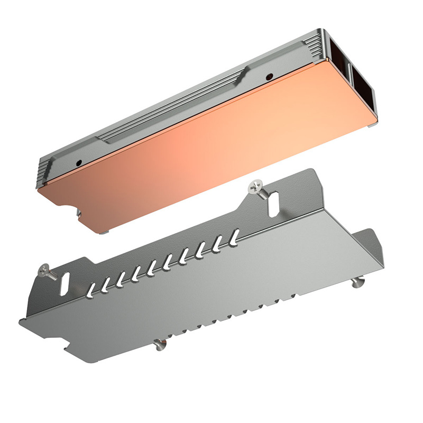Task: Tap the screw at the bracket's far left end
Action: click(44, 271)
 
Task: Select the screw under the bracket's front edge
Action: click(159, 345)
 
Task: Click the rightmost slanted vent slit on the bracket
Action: click(234, 234)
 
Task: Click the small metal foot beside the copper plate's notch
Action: click(79, 213)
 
